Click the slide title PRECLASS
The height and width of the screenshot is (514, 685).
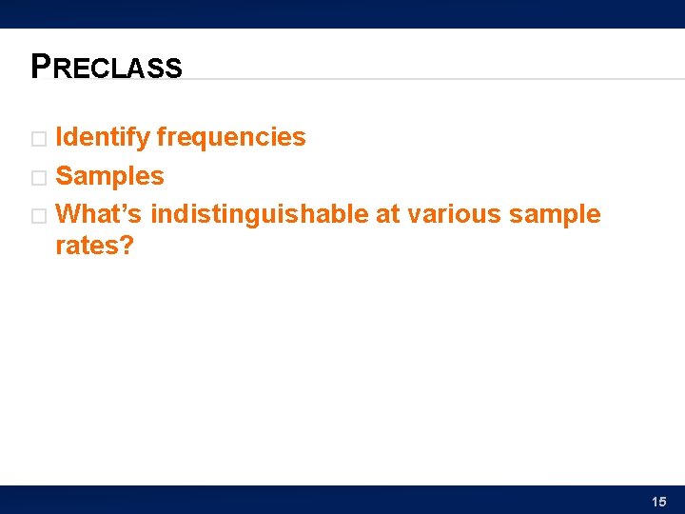click(107, 67)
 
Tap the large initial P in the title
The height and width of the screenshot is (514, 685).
click(41, 66)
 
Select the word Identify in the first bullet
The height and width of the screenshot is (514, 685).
click(103, 138)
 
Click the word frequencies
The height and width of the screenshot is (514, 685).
click(231, 138)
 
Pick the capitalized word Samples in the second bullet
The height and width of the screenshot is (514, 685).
click(109, 176)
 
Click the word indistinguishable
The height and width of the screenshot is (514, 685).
click(260, 214)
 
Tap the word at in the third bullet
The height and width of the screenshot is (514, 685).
click(387, 214)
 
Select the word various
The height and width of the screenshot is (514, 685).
click(455, 214)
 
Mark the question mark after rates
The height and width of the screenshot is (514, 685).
click(127, 246)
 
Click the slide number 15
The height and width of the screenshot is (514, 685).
click(659, 502)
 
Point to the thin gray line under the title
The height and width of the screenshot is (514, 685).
click(428, 79)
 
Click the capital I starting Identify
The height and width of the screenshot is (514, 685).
click(60, 138)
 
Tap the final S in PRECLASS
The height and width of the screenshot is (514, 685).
click(173, 69)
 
